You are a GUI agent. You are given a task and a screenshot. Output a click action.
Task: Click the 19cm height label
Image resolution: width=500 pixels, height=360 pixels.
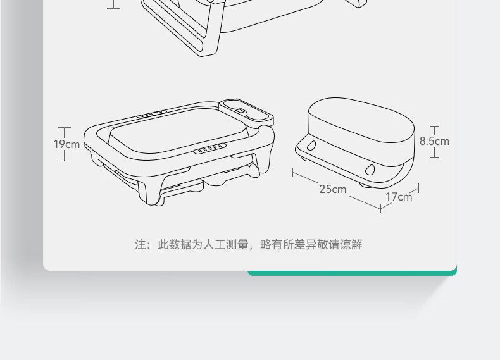[66, 144]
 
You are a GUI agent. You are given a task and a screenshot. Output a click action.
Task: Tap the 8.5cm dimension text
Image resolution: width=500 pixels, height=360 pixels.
[434, 140]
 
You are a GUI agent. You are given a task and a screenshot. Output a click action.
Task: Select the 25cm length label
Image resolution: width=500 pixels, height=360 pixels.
[332, 189]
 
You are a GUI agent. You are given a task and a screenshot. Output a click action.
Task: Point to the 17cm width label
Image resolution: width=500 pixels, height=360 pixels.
[399, 197]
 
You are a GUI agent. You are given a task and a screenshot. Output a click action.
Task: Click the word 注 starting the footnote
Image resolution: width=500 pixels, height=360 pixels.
[140, 245]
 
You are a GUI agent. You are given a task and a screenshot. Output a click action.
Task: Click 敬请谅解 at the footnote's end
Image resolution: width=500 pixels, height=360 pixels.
[342, 245]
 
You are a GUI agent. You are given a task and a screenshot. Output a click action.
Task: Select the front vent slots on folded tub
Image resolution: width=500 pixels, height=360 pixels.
[209, 150]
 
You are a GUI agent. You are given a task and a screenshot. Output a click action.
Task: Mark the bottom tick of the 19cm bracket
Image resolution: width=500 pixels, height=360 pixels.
[64, 161]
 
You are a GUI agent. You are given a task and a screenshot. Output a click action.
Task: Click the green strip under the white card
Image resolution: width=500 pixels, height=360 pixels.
[351, 273]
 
